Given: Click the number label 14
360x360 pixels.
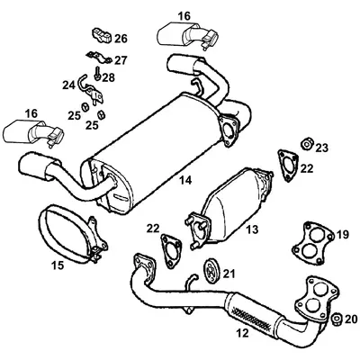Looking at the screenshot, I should [184, 181].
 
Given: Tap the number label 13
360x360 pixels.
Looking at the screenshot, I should [252, 230].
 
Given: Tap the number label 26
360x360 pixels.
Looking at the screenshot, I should [121, 39].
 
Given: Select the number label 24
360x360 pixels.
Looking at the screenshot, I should [67, 85].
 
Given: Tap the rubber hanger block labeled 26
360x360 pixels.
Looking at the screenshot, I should [101, 37].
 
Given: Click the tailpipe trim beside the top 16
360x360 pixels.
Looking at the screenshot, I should [187, 37].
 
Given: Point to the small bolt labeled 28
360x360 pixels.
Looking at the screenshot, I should [96, 78].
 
